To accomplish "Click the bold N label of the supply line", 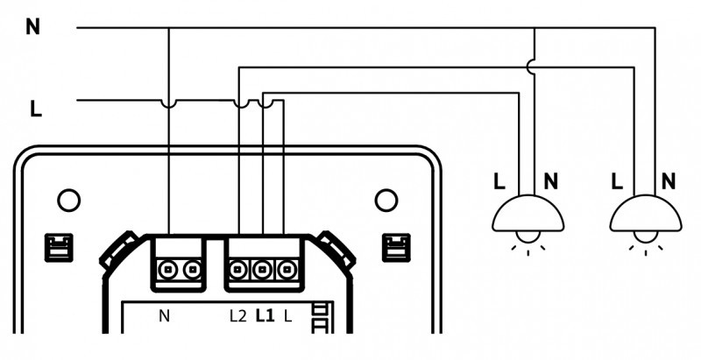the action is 32,27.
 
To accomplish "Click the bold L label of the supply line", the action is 36,109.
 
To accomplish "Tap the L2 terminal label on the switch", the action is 237,316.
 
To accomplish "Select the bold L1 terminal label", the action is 265,316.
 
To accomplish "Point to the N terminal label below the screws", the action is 164,316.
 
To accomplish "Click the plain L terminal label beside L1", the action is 288,316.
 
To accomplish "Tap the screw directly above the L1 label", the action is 262,270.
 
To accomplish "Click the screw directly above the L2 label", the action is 238,270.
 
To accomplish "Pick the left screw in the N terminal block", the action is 167,270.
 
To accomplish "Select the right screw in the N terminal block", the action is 192,270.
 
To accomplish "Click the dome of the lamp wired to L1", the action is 528,215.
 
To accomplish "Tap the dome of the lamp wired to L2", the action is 646,215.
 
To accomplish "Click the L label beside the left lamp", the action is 499,181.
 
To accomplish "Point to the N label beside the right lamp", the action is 669,181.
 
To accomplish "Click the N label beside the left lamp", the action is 551,181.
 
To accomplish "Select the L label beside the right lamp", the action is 617,181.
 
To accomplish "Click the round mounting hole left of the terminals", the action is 69,200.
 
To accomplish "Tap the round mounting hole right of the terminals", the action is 386,200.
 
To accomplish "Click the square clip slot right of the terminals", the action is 396,247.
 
